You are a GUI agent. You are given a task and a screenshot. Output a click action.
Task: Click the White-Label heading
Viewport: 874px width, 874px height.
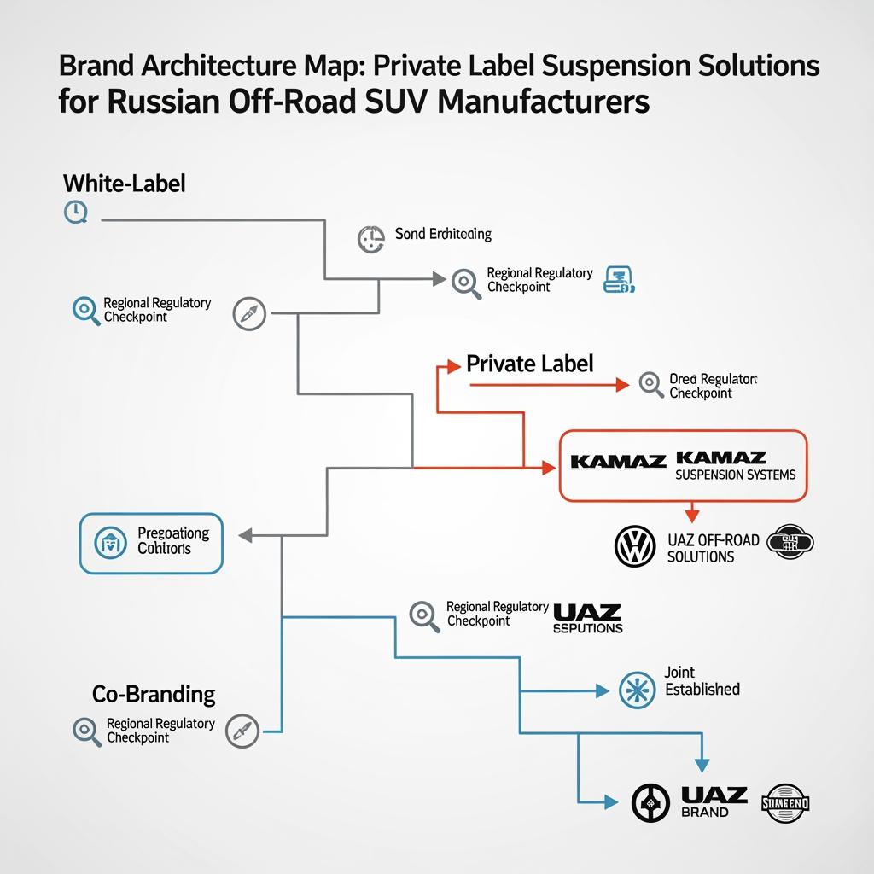(x=124, y=183)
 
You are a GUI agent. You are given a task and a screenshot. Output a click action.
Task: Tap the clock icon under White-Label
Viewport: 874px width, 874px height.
(x=76, y=213)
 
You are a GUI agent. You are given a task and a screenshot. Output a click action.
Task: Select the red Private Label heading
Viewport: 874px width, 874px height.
(x=529, y=364)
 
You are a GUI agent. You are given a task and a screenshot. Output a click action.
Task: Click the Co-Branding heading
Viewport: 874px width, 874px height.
(x=154, y=693)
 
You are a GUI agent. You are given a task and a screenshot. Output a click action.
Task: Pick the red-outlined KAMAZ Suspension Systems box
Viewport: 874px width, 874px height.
(x=683, y=466)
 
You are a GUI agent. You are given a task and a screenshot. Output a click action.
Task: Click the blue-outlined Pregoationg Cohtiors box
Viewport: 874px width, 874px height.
(x=151, y=542)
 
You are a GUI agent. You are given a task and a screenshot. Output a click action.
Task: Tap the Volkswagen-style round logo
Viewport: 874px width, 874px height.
(x=634, y=546)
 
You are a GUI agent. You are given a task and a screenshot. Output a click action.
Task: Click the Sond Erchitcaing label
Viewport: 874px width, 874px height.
(x=443, y=234)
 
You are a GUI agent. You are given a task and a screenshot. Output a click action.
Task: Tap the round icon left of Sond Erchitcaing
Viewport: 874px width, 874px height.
(x=371, y=238)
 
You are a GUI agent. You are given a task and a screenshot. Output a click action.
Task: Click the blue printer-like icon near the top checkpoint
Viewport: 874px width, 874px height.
(x=617, y=279)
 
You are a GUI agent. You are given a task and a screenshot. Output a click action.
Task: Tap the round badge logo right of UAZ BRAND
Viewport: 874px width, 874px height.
(x=787, y=803)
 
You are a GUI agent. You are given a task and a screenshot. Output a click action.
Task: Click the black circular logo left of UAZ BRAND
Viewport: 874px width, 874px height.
(x=650, y=803)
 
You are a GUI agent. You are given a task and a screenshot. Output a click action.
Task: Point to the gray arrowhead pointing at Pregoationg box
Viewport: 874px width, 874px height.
(x=244, y=535)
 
